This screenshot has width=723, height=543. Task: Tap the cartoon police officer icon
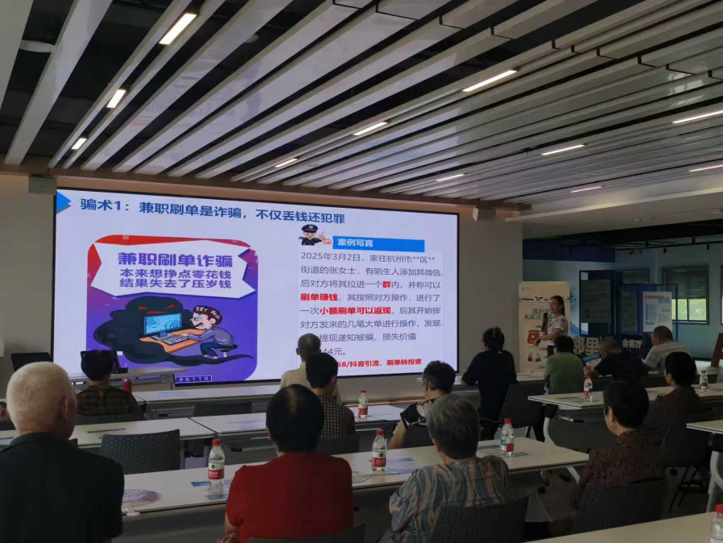click(312, 235)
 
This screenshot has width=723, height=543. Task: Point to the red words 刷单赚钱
click(318, 296)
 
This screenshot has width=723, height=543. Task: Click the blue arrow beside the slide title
click(63, 202)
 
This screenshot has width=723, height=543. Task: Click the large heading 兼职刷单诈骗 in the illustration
click(174, 259)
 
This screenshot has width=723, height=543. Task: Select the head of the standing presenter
click(556, 305)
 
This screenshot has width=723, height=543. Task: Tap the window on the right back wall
click(685, 293)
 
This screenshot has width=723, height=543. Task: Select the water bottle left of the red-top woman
click(216, 466)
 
